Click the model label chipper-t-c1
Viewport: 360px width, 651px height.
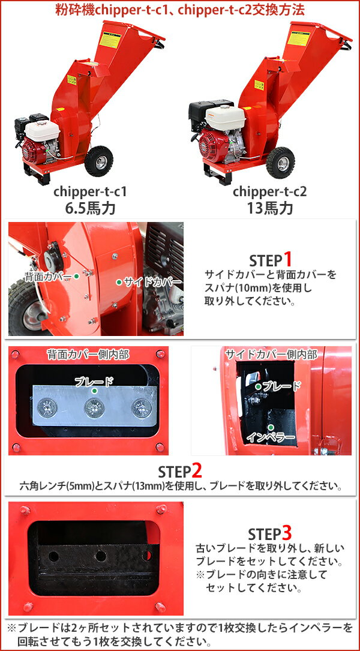pyautogui.click(x=90, y=192)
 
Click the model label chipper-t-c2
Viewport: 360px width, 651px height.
pyautogui.click(x=269, y=192)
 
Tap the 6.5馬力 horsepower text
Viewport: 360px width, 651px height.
pyautogui.click(x=90, y=209)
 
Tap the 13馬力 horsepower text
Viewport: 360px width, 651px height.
pyautogui.click(x=269, y=209)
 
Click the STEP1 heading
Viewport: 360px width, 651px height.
pyautogui.click(x=270, y=260)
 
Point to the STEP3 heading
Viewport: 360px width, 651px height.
pyautogui.click(x=270, y=533)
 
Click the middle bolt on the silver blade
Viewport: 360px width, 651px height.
pyautogui.click(x=94, y=409)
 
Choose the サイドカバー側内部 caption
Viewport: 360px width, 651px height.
pyautogui.click(x=271, y=355)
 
